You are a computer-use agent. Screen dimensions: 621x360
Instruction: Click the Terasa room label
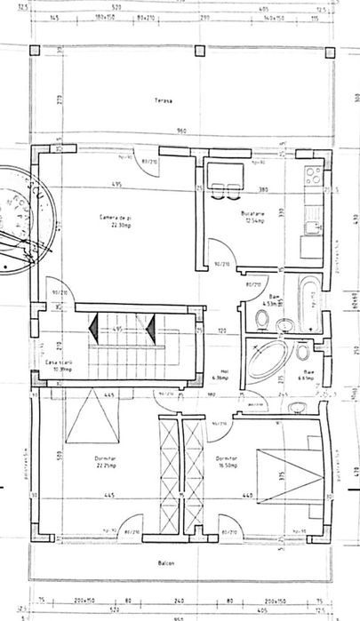(x=161, y=100)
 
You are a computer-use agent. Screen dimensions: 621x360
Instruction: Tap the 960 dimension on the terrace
(x=181, y=131)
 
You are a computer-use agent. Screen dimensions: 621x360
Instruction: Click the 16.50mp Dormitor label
(x=226, y=461)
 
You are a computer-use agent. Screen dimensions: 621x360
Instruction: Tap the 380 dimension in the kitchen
(x=262, y=190)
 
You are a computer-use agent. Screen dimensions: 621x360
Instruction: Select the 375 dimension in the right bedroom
(x=282, y=478)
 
